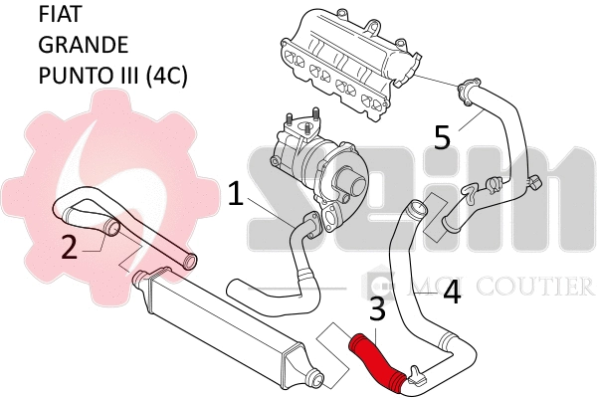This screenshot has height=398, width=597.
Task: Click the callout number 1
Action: tap(236, 193)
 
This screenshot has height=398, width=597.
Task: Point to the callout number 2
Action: tap(69, 246)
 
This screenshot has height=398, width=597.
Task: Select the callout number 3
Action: tap(377, 310)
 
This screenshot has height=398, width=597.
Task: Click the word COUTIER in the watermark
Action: tap(538, 288)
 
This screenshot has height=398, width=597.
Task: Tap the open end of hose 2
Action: tap(111, 230)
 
